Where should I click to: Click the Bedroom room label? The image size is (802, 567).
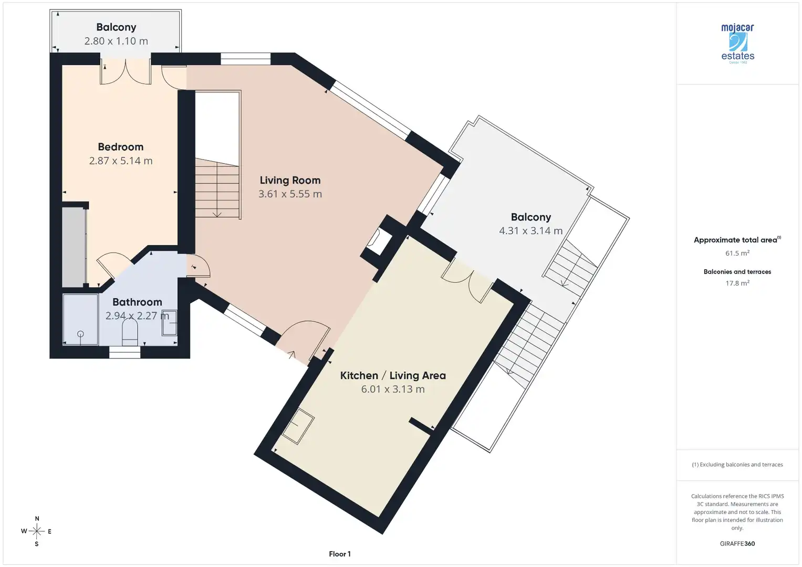(121, 147)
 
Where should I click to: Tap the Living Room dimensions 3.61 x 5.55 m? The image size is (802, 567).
(290, 194)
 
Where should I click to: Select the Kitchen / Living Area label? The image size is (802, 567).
(393, 375)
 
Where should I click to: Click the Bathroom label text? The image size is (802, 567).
(137, 302)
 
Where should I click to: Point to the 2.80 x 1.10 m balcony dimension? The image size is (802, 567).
(116, 41)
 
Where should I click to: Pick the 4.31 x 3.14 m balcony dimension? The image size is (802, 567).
(530, 230)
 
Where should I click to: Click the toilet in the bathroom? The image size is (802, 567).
(130, 331)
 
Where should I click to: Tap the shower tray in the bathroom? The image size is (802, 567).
(80, 319)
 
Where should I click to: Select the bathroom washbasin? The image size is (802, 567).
(170, 322)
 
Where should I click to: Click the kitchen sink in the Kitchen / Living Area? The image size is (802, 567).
(298, 426)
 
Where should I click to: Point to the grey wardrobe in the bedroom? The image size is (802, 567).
(74, 247)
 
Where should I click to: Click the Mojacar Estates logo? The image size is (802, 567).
(737, 44)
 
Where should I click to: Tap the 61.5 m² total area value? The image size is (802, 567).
(737, 253)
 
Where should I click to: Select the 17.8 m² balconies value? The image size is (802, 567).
(737, 283)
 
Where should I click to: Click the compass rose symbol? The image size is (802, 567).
(37, 531)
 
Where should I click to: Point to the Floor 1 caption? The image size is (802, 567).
(340, 554)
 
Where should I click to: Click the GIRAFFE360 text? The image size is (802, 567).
(737, 543)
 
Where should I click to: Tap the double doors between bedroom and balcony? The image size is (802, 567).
(126, 71)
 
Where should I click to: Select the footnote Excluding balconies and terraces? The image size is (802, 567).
(737, 464)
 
